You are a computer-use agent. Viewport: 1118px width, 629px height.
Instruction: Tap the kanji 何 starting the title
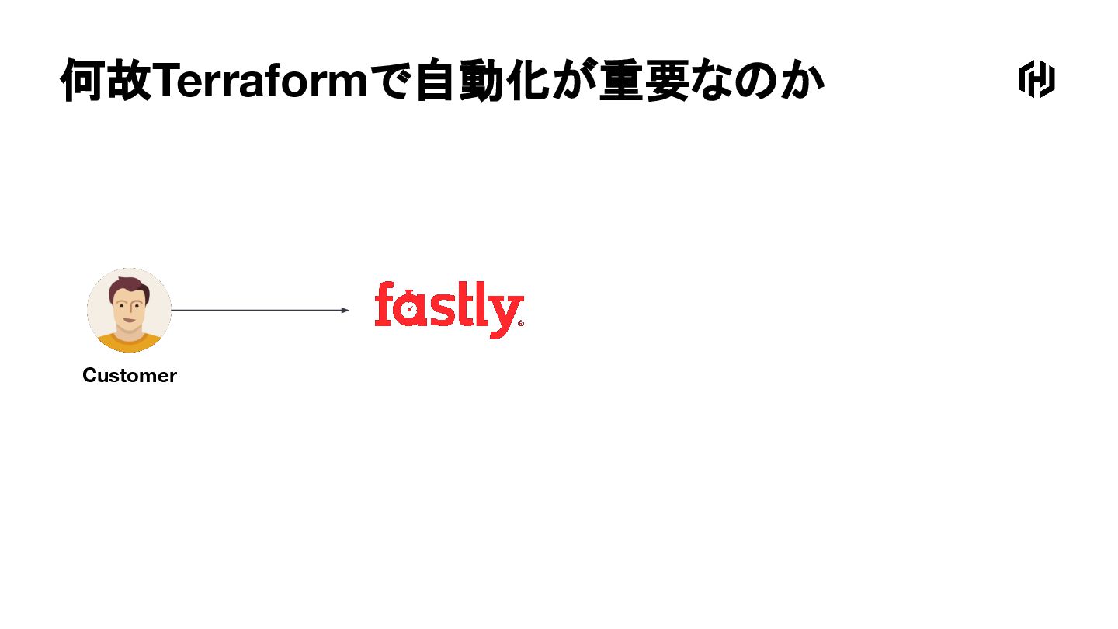[83, 81]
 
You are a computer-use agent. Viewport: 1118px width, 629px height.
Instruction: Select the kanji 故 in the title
[128, 81]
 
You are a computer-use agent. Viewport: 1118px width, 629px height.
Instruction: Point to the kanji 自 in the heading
[436, 81]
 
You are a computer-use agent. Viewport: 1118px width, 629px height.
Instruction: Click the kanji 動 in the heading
[483, 81]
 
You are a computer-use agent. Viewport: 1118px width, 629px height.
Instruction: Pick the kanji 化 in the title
[528, 81]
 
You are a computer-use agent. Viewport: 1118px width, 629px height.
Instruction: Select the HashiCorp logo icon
[1036, 79]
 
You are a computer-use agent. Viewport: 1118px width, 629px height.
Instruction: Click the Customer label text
[130, 376]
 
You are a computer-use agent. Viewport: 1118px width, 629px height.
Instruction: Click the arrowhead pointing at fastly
[345, 311]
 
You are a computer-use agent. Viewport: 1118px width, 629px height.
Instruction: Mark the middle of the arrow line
[259, 311]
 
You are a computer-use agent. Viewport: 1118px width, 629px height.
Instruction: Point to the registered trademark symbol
[520, 324]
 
